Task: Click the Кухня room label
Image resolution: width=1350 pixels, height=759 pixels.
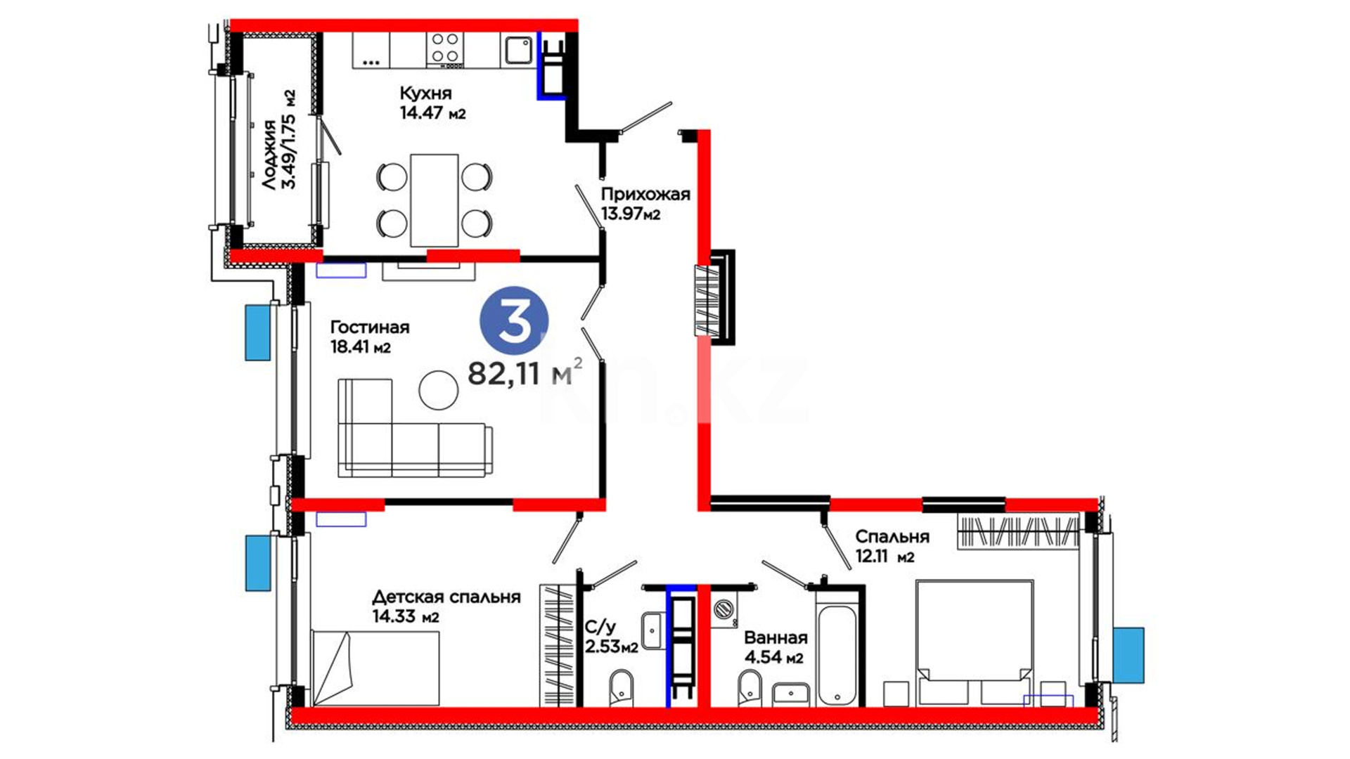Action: tap(425, 93)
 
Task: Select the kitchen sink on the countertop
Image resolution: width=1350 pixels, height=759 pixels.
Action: tap(519, 49)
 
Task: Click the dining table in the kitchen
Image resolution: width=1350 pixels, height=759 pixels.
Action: tap(435, 200)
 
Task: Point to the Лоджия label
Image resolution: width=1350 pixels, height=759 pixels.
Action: tap(269, 155)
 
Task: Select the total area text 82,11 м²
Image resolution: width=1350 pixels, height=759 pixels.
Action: tap(525, 372)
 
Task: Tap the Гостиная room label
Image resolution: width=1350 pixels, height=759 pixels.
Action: tap(370, 327)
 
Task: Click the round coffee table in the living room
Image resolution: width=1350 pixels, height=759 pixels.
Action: tap(439, 390)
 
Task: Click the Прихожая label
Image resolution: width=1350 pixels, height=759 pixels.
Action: tap(645, 195)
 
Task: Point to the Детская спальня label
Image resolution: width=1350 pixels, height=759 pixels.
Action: tap(446, 597)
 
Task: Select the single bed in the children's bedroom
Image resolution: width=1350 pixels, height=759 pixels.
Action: tap(375, 668)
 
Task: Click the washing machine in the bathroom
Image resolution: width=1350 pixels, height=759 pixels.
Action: tap(724, 610)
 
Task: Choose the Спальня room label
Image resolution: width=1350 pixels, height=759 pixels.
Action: tap(892, 537)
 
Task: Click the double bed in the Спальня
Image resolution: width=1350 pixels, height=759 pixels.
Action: tap(975, 642)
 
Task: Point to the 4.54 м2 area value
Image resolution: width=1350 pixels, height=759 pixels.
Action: tap(773, 658)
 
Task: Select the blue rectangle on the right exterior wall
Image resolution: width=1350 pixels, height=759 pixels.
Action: tap(1129, 655)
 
